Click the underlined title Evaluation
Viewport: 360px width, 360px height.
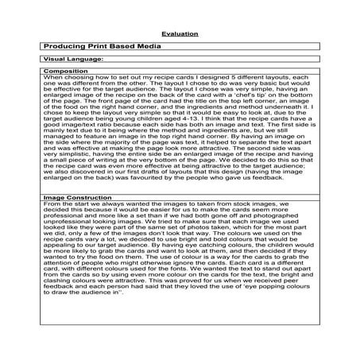(x=180, y=35)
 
